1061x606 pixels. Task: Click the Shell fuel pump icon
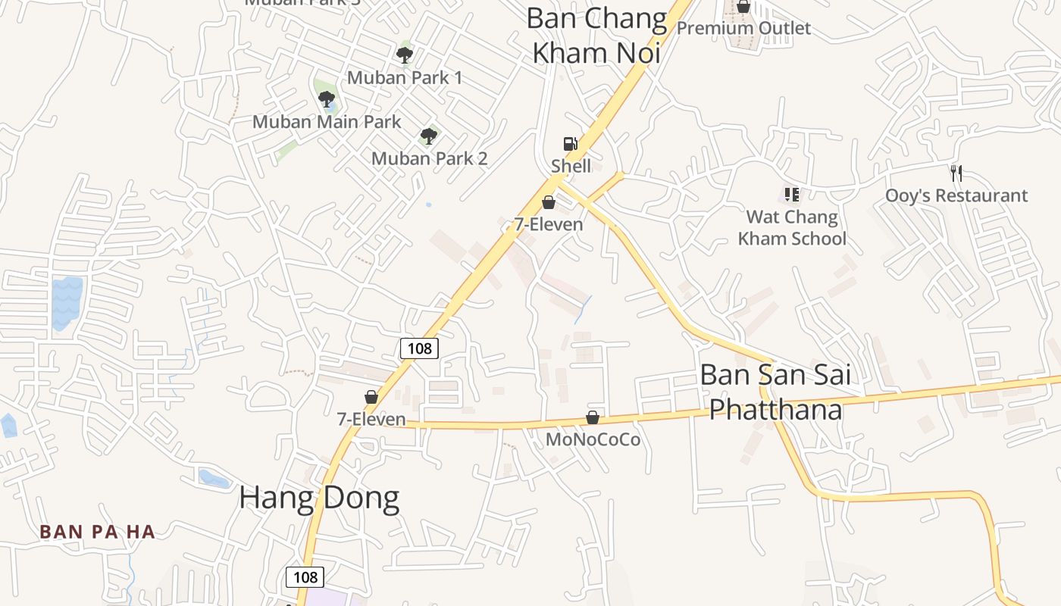[x=570, y=143]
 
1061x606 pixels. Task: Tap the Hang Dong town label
[x=319, y=498]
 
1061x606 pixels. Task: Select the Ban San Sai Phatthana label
[x=775, y=392]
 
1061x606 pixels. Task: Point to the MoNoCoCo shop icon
[x=593, y=417]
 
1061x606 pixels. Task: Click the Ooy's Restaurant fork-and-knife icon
[x=956, y=173]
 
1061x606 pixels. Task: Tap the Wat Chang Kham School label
[x=792, y=228]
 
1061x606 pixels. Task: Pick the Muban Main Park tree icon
[x=327, y=98]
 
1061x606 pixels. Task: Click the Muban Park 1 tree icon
[x=404, y=55]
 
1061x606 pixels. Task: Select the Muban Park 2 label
[x=429, y=158]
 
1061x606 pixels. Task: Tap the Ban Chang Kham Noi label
[x=596, y=36]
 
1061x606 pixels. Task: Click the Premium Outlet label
[x=743, y=28]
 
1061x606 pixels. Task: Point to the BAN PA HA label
[x=98, y=532]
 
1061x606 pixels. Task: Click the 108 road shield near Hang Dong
[x=419, y=348]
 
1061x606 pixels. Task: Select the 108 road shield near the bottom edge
[x=305, y=576]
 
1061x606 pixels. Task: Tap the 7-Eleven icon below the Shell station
[x=549, y=202]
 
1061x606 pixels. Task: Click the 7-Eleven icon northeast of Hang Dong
[x=371, y=397]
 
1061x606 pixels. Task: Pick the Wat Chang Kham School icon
[x=792, y=195]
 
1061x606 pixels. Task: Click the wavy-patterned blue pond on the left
[x=66, y=302]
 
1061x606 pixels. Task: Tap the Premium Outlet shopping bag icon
[x=743, y=7]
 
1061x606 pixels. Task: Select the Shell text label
[x=571, y=166]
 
